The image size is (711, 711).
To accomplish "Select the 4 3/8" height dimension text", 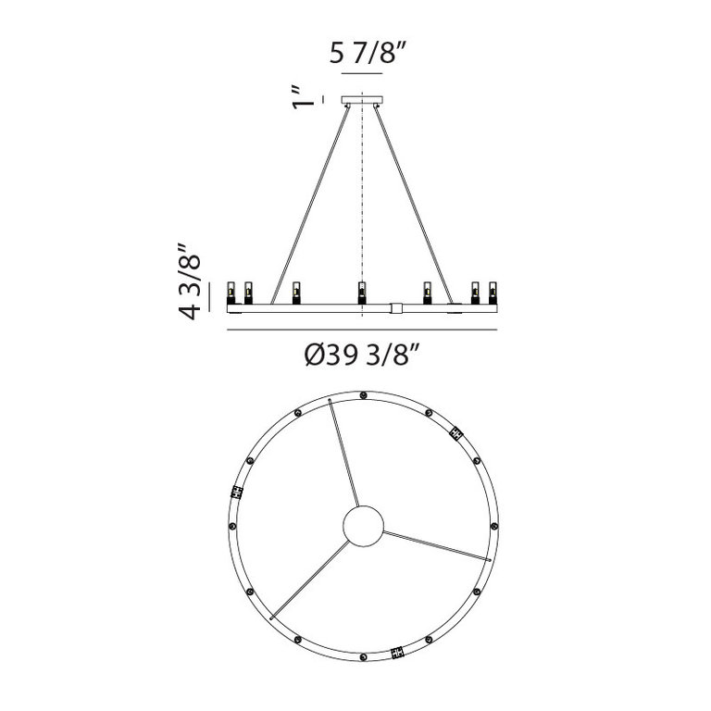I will coord(190,281).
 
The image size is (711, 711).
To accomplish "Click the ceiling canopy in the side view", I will coord(362,99).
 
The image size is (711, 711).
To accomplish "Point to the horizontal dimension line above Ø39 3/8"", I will coord(362,327).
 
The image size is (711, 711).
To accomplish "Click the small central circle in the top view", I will coord(362,527).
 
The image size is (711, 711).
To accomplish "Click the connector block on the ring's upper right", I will coord(455,432).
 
